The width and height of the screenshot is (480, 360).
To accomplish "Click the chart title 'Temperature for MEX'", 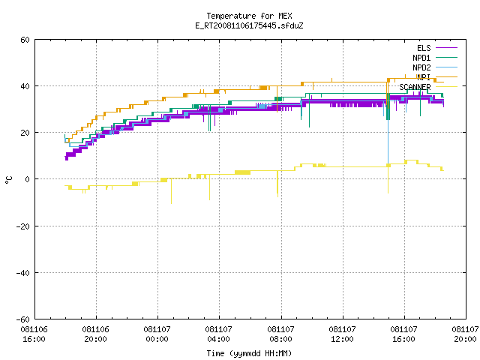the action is (249, 16).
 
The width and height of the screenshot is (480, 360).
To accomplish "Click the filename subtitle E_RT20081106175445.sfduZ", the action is (249, 25).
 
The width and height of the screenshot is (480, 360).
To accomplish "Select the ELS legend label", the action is (424, 48).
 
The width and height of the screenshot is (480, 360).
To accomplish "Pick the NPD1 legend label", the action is (421, 58).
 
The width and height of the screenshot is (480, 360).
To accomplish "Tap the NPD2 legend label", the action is (421, 67).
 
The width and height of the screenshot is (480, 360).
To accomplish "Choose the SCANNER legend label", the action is (415, 87).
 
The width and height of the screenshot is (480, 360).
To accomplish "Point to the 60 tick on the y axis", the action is (25, 40).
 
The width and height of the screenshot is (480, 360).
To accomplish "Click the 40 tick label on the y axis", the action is (25, 86).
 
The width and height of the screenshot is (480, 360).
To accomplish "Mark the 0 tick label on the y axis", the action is (28, 179).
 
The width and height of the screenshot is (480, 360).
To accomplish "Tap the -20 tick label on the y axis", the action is (23, 226).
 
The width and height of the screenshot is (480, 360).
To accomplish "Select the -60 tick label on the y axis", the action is (23, 319).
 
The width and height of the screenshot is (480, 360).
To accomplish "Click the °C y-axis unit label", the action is (8, 180).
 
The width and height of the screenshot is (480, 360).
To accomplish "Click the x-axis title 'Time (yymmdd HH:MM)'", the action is (249, 353).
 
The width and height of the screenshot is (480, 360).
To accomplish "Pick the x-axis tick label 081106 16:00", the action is (34, 334).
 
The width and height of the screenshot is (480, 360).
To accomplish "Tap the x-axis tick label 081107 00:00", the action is (157, 334).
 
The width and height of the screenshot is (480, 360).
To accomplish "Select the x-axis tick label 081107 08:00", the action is (280, 334).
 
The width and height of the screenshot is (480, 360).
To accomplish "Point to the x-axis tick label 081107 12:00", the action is (342, 334).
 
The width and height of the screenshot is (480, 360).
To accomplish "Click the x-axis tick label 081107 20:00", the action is (465, 334).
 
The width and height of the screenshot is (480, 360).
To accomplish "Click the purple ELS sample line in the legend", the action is (447, 48).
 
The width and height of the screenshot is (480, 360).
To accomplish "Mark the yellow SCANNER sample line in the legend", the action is (447, 87).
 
